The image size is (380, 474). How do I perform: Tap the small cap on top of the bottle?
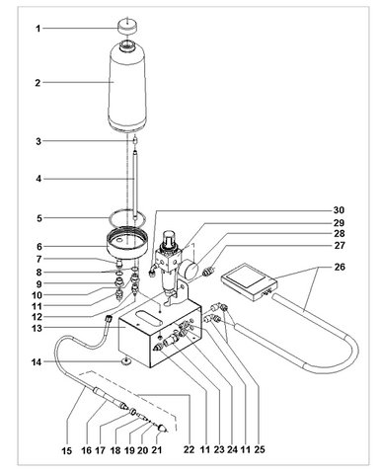click(128, 25)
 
